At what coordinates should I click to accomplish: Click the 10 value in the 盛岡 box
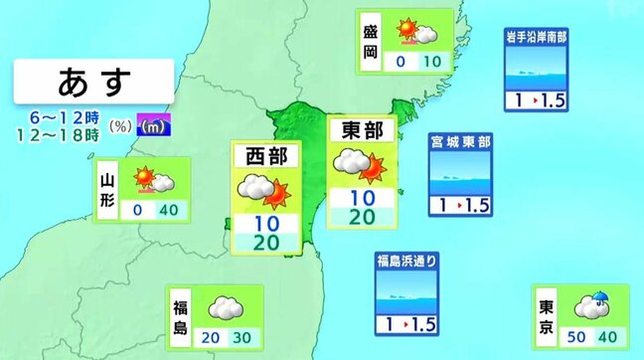431,62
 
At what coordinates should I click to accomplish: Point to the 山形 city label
108,188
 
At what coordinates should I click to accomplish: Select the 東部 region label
362,129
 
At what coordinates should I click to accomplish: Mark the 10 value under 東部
362,197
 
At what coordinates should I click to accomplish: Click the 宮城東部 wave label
460,142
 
